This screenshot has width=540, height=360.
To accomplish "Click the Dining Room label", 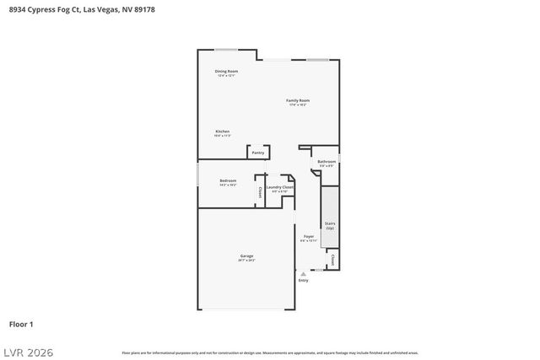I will (225, 73).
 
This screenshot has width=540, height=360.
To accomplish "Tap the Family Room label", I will (298, 102).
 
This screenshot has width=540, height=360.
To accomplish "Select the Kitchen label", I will (222, 132).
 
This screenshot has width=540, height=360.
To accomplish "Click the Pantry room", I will (258, 153).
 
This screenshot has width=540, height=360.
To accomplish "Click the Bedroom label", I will (228, 182).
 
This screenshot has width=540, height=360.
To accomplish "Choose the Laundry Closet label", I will (279, 188).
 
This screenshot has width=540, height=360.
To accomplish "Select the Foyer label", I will (308, 238).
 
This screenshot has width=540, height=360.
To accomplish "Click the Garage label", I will (246, 257).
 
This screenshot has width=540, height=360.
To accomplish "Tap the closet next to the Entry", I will (332, 261).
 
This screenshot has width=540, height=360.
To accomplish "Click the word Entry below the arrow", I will (303, 280).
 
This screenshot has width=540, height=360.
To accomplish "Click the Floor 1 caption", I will (21, 324).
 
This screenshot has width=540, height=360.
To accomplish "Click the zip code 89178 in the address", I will (143, 10).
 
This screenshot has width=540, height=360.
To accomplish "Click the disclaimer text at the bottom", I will (270, 352).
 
